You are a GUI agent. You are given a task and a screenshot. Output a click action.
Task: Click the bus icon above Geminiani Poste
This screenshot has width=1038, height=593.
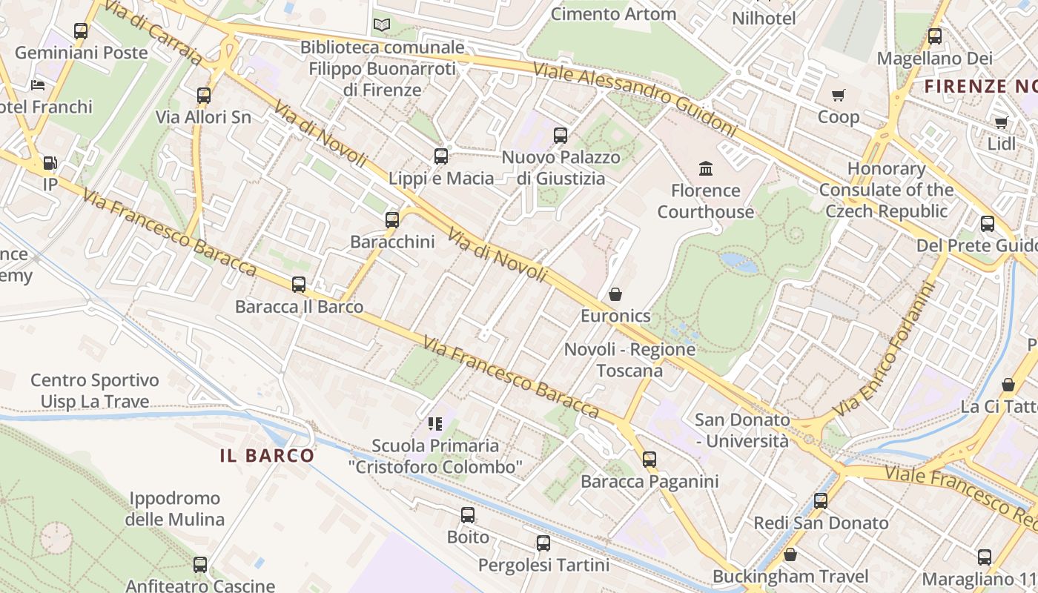81,31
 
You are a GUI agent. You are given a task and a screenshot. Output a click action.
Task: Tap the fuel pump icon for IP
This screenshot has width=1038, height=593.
50,162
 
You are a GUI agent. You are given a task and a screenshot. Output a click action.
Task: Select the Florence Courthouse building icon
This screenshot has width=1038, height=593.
706,168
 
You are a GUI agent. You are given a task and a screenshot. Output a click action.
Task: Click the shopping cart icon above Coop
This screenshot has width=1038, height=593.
839,95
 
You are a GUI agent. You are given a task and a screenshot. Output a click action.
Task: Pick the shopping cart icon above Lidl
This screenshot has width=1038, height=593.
1002,122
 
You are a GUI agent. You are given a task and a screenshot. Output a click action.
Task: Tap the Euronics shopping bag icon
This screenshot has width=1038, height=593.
615,294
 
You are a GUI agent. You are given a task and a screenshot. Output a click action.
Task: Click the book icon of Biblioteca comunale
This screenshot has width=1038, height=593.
382,25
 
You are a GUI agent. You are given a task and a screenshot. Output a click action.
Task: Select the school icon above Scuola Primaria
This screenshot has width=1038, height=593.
435,423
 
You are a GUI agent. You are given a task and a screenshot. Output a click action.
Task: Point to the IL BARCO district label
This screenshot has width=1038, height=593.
267,456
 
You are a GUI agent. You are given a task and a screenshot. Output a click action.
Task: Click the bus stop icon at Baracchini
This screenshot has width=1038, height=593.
392,220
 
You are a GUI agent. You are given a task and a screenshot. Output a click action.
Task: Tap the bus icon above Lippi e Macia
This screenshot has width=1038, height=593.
441,156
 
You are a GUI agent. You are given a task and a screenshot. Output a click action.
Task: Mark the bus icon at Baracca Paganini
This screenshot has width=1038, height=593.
649,460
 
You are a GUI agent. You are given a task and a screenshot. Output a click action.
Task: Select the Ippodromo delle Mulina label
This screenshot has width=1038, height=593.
174,508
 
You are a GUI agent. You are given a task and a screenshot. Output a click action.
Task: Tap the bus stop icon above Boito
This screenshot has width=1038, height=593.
468,515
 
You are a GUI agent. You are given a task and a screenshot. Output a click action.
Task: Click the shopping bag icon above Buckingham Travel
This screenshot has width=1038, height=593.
790,554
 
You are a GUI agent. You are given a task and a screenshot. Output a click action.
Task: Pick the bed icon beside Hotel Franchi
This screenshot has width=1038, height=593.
38,85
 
